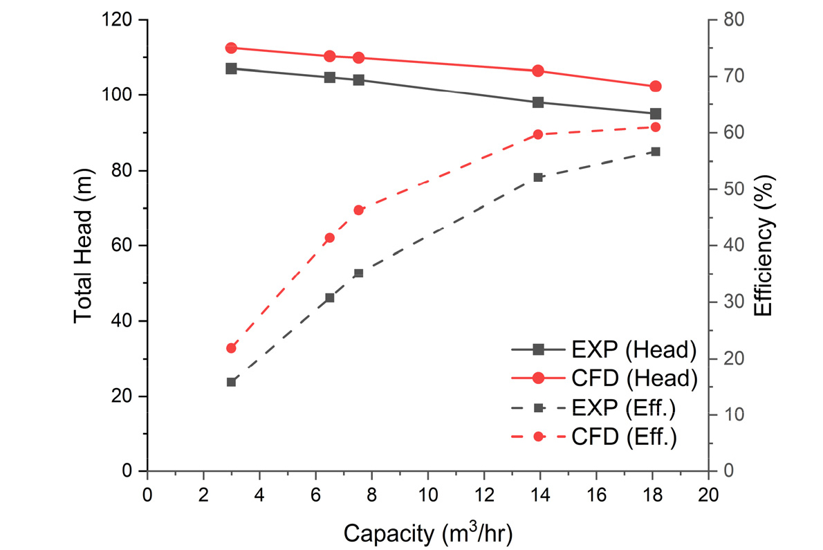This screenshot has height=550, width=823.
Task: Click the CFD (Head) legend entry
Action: pyautogui.click(x=604, y=378)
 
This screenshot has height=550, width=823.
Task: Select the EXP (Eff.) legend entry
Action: pyautogui.click(x=593, y=407)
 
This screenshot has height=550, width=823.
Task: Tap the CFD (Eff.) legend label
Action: pyautogui.click(x=624, y=437)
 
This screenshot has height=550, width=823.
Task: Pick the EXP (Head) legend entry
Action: pyautogui.click(x=604, y=349)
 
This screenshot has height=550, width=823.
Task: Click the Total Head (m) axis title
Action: pyautogui.click(x=83, y=246)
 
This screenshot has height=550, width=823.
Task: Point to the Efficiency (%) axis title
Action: pyautogui.click(x=764, y=246)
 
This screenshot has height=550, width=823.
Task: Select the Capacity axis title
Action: pyautogui.click(x=428, y=533)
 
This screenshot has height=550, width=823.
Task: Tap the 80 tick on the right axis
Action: pyautogui.click(x=734, y=20)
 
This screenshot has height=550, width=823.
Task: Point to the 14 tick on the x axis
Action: pyautogui.click(x=540, y=495)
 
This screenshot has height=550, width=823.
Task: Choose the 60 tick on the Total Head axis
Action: pyautogui.click(x=122, y=246)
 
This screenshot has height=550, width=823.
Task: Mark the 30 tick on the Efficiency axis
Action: pyautogui.click(x=734, y=302)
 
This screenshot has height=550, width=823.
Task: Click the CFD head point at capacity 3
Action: pyautogui.click(x=231, y=48)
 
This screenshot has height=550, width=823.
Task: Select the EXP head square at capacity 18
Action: pyautogui.click(x=655, y=114)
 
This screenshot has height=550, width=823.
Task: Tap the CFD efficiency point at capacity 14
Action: pyautogui.click(x=537, y=134)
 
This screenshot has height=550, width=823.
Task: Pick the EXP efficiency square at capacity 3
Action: pyautogui.click(x=231, y=382)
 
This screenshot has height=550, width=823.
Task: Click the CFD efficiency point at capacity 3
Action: pyautogui.click(x=231, y=348)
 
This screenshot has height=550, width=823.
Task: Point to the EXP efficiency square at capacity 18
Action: pyautogui.click(x=655, y=152)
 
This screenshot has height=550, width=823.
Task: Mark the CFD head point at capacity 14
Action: pyautogui.click(x=537, y=71)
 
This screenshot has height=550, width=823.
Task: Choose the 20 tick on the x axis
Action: pyautogui.click(x=709, y=495)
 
